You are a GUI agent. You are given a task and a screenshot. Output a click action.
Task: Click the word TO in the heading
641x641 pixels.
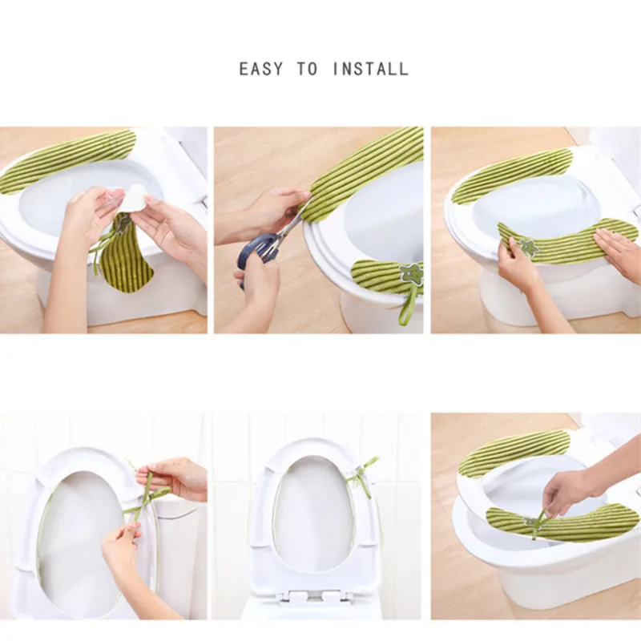[x=308, y=69]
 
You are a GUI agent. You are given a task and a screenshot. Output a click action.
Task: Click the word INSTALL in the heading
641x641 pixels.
[x=371, y=69]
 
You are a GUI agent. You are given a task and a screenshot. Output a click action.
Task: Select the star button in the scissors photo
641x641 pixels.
[x=408, y=272]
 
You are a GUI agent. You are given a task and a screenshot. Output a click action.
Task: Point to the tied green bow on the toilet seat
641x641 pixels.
[x=362, y=474]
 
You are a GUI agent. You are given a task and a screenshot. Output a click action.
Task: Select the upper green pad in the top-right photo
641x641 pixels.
[x=511, y=175]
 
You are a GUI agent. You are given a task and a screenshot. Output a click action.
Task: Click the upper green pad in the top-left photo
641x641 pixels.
[x=67, y=160]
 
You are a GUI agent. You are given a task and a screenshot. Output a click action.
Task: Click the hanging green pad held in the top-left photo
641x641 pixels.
[x=127, y=254]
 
